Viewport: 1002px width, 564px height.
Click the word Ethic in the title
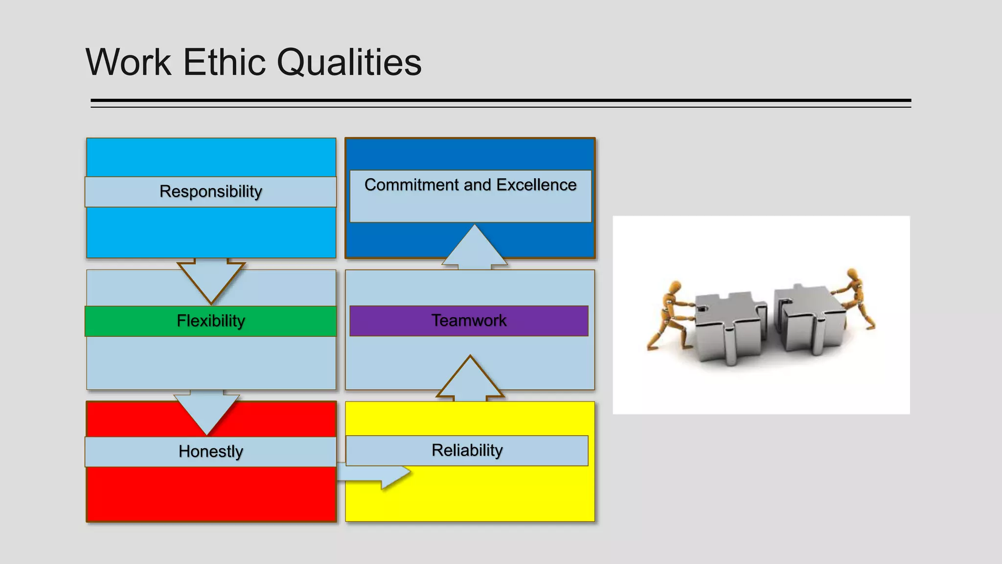tap(224, 62)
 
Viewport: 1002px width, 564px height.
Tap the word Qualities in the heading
tap(349, 62)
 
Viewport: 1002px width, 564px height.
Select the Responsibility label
tap(210, 191)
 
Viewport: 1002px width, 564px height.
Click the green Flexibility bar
tap(210, 321)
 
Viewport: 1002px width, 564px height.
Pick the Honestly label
tap(210, 451)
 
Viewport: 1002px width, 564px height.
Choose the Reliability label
tap(467, 450)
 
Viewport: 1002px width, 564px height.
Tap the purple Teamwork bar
tap(469, 321)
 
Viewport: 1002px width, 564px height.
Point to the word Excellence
tap(536, 185)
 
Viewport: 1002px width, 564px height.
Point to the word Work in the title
tap(129, 62)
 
